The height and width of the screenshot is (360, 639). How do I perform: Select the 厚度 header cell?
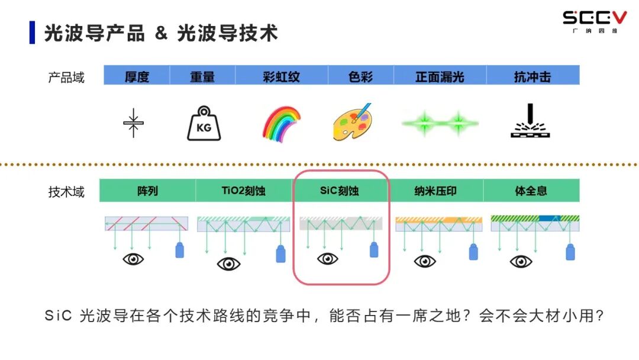pos(137,76)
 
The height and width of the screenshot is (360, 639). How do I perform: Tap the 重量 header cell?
pos(202,76)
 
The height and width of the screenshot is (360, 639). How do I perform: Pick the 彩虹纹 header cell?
pos(281,76)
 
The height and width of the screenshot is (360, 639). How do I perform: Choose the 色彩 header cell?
pos(361,76)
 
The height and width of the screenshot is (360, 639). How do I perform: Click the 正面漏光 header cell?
pos(440,76)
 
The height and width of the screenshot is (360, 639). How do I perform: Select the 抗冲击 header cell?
pos(532,76)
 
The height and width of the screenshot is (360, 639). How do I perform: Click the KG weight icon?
pos(204,123)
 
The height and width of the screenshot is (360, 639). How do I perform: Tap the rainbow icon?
pos(281,124)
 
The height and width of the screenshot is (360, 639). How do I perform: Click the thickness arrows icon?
pos(133,123)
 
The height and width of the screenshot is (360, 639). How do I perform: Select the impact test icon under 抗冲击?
pos(531,122)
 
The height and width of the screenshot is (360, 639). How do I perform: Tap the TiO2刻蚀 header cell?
pos(243,191)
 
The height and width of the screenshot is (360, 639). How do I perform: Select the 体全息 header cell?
pos(531,191)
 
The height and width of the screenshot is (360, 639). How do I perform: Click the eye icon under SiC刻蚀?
pos(327,259)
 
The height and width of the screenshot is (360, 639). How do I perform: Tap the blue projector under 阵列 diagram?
pos(180,250)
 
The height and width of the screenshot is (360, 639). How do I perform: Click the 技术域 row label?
pos(66,191)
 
